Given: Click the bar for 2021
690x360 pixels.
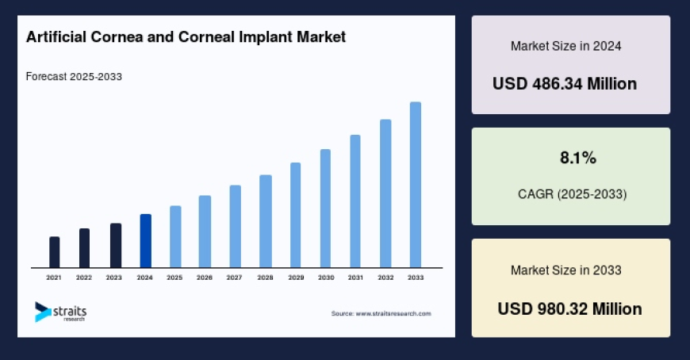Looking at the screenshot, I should [54, 252].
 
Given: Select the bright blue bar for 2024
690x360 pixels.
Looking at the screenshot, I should [145, 241].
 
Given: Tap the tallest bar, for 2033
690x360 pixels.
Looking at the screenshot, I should [415, 185].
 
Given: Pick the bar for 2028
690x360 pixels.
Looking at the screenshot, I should [266, 221].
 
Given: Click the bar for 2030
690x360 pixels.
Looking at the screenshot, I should [325, 209].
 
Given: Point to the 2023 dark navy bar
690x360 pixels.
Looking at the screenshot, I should [116, 246].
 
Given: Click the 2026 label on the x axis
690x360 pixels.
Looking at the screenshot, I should [205, 278].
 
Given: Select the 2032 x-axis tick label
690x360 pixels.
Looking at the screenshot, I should [385, 278].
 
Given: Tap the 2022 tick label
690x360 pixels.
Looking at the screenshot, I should [84, 278].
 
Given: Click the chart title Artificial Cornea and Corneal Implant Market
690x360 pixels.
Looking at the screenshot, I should [186, 37].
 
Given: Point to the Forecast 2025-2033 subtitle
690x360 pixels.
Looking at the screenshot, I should [74, 77].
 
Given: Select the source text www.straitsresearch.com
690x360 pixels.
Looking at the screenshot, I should [381, 314].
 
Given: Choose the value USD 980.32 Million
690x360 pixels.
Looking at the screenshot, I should [570, 308].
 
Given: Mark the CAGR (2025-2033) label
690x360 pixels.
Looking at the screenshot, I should [571, 194].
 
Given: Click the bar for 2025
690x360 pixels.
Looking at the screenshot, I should [175, 236].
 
